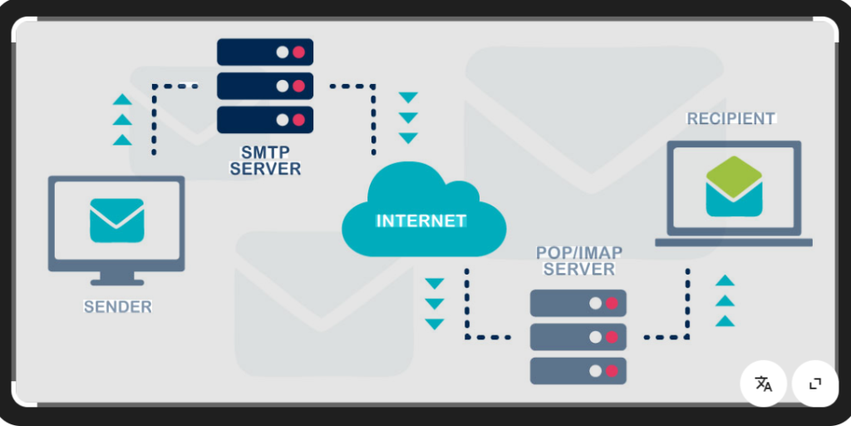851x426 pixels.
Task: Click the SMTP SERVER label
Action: [265, 160]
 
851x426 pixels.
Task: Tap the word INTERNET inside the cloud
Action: [421, 221]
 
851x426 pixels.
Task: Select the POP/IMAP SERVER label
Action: [579, 260]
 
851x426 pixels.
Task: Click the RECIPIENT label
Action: [730, 119]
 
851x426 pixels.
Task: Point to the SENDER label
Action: [118, 307]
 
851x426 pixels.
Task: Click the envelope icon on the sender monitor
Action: [117, 220]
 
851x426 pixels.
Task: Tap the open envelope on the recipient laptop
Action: [734, 186]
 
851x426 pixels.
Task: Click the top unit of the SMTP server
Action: [265, 52]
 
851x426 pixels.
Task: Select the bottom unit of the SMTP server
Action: [265, 119]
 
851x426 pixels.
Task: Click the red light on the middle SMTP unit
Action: [298, 86]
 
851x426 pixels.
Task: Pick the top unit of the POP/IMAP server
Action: [578, 303]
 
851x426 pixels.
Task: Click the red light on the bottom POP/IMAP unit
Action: [612, 371]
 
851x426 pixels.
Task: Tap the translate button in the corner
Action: [763, 384]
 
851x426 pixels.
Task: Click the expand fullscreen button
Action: [815, 384]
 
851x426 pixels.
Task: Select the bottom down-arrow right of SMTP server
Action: [408, 138]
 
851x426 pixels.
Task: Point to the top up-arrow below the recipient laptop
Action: [726, 281]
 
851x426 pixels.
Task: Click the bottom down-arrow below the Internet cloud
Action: [435, 324]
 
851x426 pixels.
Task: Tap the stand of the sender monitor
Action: [117, 277]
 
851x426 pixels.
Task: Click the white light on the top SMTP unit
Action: [283, 52]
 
